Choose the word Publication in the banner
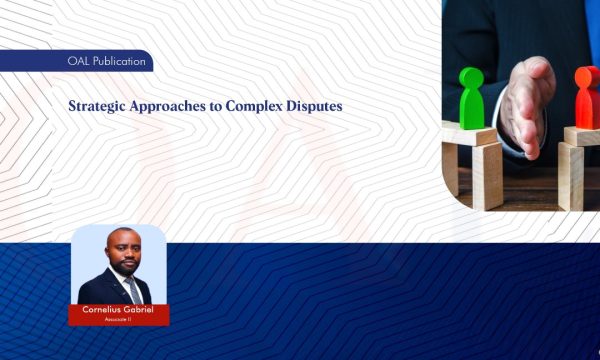[x=115, y=62]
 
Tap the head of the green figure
[x=471, y=77]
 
